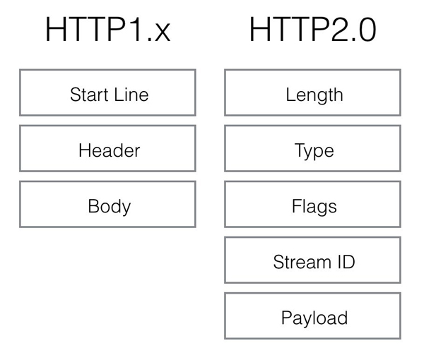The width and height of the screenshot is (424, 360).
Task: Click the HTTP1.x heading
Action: click(107, 30)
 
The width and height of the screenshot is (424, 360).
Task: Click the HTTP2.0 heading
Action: click(312, 30)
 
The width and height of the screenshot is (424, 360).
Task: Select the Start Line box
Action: click(107, 92)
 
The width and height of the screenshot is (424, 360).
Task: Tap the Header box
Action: click(107, 148)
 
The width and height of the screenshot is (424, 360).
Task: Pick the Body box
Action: click(107, 205)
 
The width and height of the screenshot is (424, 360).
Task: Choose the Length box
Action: click(312, 92)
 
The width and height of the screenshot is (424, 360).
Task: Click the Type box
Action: click(312, 148)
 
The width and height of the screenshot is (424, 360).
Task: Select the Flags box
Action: click(312, 205)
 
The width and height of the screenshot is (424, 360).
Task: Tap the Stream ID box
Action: click(312, 260)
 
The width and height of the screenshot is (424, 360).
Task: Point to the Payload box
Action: click(312, 316)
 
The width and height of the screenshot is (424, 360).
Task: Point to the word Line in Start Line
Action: click(131, 95)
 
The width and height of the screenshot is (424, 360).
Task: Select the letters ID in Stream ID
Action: click(344, 263)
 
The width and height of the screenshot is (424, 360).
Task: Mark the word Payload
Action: click(314, 318)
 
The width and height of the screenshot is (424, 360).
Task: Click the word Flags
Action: click(314, 207)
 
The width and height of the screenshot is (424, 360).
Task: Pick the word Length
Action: click(314, 95)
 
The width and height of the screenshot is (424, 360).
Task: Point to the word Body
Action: click(110, 207)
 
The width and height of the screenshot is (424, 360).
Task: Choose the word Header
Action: click(110, 150)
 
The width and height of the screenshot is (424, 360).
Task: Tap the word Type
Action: click(314, 151)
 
